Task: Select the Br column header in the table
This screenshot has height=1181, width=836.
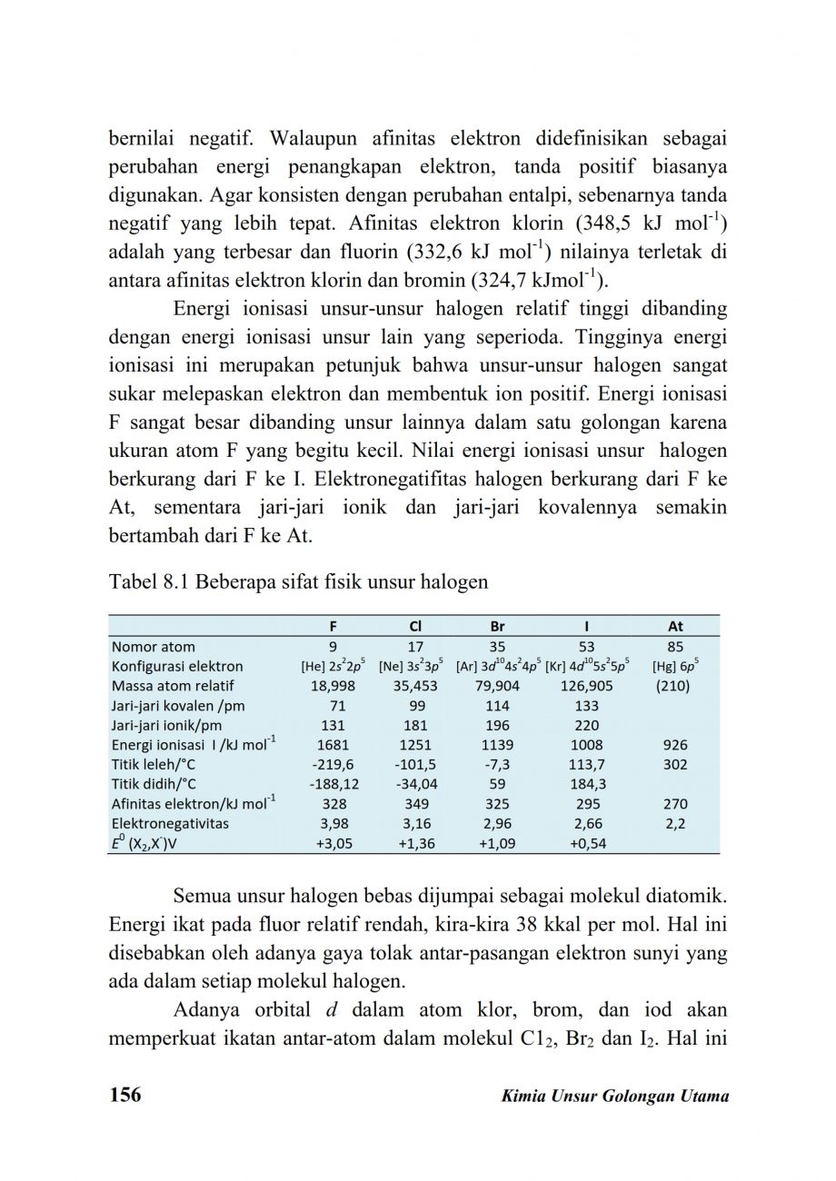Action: click(497, 626)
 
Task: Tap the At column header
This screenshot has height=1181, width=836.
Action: click(675, 626)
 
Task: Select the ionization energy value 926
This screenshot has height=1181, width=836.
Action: click(675, 745)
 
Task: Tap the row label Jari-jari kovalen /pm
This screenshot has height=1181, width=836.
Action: click(177, 705)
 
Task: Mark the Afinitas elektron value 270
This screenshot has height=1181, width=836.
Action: click(675, 804)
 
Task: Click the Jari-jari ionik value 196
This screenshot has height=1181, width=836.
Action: click(497, 725)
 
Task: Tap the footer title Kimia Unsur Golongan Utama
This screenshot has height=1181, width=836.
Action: click(615, 1096)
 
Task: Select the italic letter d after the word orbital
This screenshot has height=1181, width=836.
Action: click(331, 1010)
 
